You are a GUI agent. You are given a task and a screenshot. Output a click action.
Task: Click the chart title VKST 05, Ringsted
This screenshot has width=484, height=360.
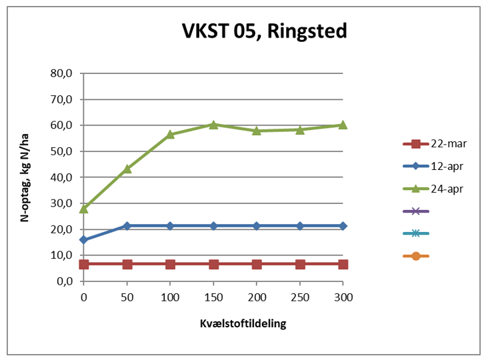pos(265,31)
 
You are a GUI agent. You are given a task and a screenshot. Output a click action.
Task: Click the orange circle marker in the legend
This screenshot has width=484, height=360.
pos(416,255)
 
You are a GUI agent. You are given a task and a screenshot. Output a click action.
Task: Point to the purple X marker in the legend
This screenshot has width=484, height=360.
pos(416,211)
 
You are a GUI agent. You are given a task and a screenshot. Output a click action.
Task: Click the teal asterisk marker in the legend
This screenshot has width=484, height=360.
pos(416,233)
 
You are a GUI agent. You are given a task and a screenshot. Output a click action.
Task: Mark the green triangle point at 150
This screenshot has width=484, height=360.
pos(213,125)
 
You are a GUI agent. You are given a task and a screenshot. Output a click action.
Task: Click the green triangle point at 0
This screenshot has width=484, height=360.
pos(84,209)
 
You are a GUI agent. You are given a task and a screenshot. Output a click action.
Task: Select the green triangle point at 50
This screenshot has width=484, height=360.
pos(127,169)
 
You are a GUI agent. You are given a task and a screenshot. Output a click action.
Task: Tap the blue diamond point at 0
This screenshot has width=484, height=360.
pos(84,239)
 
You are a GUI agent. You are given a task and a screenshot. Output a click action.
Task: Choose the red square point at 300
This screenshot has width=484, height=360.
pos(343,264)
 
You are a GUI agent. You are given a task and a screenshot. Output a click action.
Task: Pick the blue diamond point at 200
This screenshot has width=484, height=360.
pos(257,226)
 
